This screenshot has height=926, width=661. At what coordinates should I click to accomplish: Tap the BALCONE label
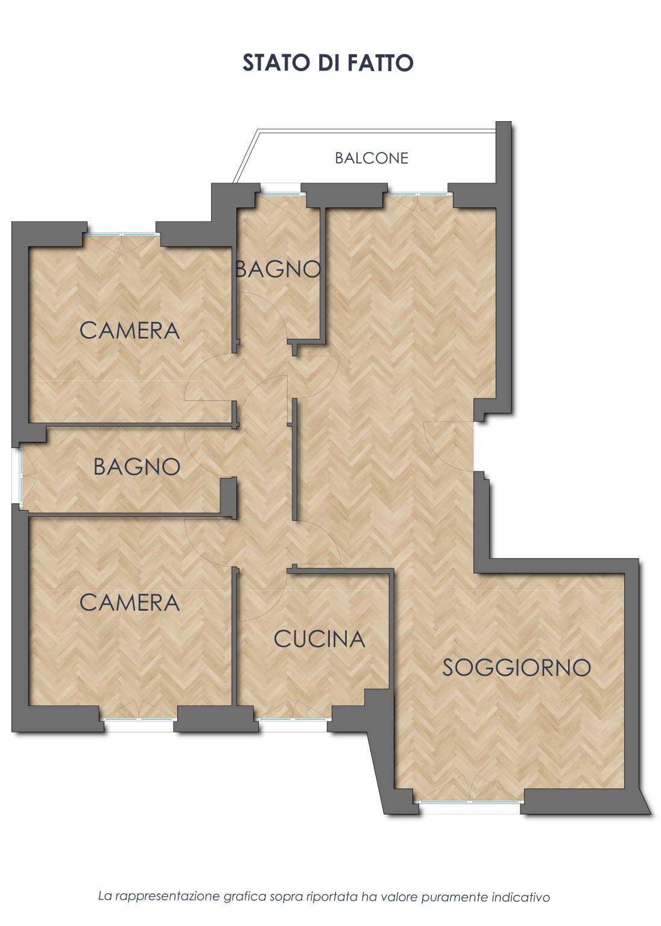click(x=372, y=158)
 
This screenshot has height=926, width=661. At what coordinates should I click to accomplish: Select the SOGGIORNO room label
click(x=516, y=667)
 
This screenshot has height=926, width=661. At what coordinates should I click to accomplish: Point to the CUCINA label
click(x=319, y=639)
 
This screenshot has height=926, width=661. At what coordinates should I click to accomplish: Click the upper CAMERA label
click(x=130, y=331)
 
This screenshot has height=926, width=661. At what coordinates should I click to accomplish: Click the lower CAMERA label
click(x=130, y=603)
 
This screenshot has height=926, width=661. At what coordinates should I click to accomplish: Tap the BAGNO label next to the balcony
click(x=278, y=269)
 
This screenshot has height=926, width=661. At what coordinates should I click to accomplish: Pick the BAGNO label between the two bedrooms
click(x=137, y=467)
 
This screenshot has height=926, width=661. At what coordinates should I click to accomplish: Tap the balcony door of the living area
click(x=418, y=193)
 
